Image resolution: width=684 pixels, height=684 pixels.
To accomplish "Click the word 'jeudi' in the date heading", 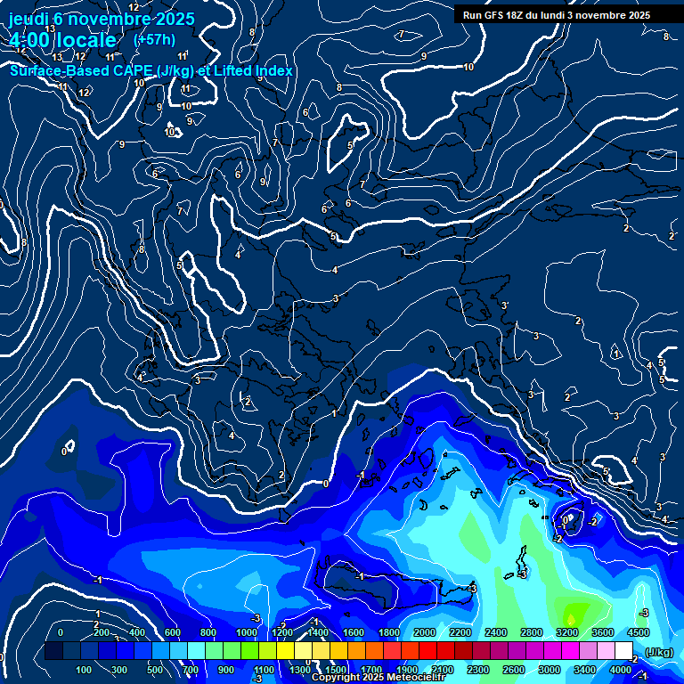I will click(x=30, y=19).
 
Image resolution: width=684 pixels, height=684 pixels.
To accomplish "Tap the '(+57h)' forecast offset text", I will click(x=154, y=39).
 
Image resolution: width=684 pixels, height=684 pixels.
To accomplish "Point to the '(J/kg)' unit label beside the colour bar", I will click(x=658, y=652).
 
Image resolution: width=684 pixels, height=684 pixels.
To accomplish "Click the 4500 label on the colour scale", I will click(x=639, y=632).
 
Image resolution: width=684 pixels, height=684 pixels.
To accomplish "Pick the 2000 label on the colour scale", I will click(x=425, y=632).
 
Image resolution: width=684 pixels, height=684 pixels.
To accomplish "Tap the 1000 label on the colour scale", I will click(x=247, y=632).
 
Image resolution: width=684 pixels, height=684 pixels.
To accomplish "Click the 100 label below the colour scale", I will click(x=85, y=670).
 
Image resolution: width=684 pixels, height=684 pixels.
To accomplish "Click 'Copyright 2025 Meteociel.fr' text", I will click(x=378, y=678).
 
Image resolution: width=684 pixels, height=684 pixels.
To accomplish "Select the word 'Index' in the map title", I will click(x=273, y=70).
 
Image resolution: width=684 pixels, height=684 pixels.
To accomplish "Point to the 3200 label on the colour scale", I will click(x=567, y=632).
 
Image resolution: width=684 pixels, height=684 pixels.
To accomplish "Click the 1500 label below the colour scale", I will click(x=336, y=670).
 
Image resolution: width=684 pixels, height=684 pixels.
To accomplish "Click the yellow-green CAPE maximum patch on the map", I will click(x=571, y=613).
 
